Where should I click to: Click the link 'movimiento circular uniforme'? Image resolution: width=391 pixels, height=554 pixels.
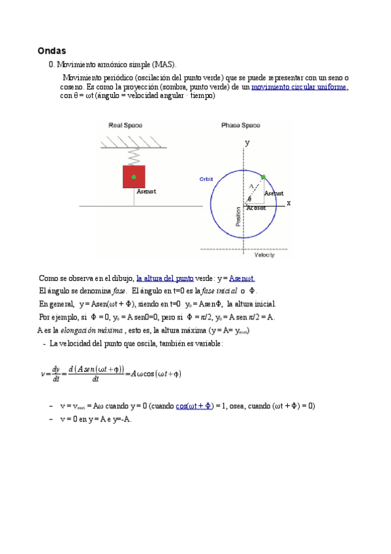(300, 87)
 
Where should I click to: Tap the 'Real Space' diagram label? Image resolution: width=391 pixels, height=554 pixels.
(125, 125)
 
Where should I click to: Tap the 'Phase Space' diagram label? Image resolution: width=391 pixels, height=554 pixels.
(240, 125)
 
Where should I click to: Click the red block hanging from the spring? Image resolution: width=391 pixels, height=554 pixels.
(134, 176)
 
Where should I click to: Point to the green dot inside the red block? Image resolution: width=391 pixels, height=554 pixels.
(134, 176)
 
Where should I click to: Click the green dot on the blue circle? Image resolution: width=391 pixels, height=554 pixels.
(263, 177)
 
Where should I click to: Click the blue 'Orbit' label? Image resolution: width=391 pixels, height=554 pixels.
(206, 179)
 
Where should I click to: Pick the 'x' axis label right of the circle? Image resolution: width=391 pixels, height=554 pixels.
(289, 203)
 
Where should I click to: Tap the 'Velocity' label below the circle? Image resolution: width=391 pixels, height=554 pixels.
(264, 255)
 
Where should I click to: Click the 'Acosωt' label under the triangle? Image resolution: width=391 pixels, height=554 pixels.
(256, 208)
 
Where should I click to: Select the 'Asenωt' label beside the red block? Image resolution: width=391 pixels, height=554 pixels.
(147, 191)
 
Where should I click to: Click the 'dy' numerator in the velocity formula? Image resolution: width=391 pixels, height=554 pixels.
(56, 368)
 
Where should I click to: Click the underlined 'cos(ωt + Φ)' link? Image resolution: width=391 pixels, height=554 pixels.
(195, 406)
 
